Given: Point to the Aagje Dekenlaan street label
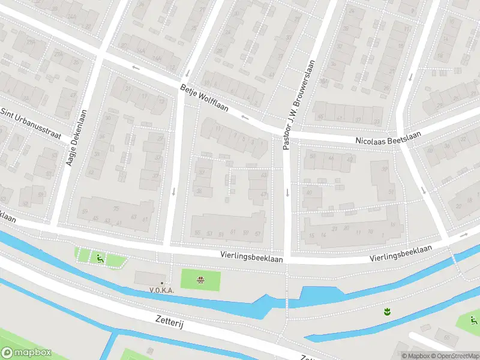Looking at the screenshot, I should tap(78, 137).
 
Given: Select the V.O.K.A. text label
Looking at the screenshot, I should tap(161, 290).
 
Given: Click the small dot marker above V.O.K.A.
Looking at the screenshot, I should tap(161, 283).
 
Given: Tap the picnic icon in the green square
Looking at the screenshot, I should tap(201, 280).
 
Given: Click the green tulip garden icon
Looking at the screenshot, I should tap(387, 311).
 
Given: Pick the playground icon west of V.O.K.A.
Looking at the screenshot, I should tap(100, 259).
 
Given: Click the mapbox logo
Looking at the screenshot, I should tap(26, 353).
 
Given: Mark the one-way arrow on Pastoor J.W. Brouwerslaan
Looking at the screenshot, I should tap(287, 193).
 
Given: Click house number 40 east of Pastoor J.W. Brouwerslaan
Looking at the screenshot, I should tap(310, 192).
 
